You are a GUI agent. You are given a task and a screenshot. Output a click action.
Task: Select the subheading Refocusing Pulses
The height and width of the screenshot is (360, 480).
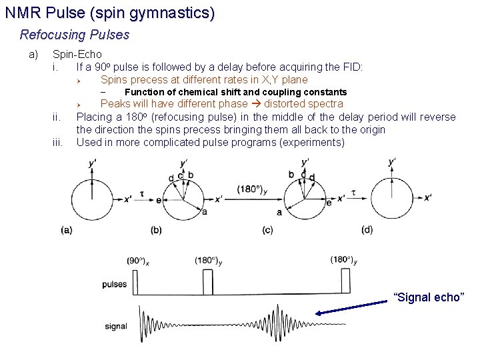[x=75, y=35]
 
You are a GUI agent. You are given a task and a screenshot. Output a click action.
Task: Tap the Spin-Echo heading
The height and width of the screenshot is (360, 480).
[x=77, y=54]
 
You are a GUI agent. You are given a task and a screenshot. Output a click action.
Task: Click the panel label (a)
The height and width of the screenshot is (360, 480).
[x=67, y=230]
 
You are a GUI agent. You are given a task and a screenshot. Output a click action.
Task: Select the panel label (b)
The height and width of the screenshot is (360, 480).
[x=156, y=230]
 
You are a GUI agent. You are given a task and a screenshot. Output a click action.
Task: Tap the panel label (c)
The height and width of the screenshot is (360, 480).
[x=267, y=230]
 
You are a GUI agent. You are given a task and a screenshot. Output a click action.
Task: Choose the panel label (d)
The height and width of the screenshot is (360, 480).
[x=367, y=230]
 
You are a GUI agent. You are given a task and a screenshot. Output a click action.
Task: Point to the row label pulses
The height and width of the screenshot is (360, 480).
[x=115, y=285]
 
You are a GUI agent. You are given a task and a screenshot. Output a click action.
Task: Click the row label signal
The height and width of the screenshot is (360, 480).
[x=116, y=327]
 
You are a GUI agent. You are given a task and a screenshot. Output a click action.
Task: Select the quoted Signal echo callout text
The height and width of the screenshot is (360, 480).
[x=427, y=297]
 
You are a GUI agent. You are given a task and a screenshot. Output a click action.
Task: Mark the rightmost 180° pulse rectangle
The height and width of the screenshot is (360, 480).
[x=345, y=280]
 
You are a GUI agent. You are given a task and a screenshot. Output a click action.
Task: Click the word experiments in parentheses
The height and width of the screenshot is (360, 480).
[x=311, y=143]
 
